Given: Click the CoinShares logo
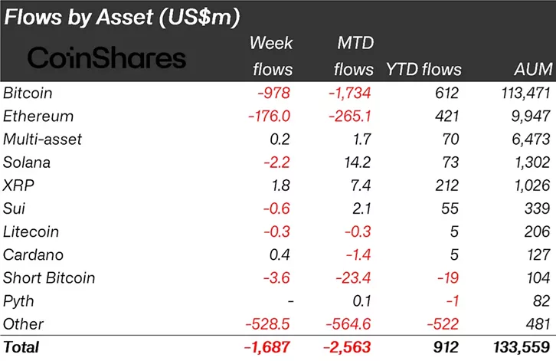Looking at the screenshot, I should point(106,57).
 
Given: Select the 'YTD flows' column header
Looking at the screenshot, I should point(424,70).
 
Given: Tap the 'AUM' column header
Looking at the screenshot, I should point(533,70).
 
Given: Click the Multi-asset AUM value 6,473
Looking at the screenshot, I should point(528,139).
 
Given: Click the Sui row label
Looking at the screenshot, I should point(14,208).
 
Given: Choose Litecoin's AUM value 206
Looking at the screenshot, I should point(538,231).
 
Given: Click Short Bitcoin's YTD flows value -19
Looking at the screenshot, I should point(446,277).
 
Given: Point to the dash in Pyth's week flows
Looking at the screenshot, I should point(287,300).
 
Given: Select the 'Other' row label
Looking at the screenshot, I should point(23,323).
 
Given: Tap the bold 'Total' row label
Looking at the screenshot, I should point(21,347).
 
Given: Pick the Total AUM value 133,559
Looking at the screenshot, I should point(519,347).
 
